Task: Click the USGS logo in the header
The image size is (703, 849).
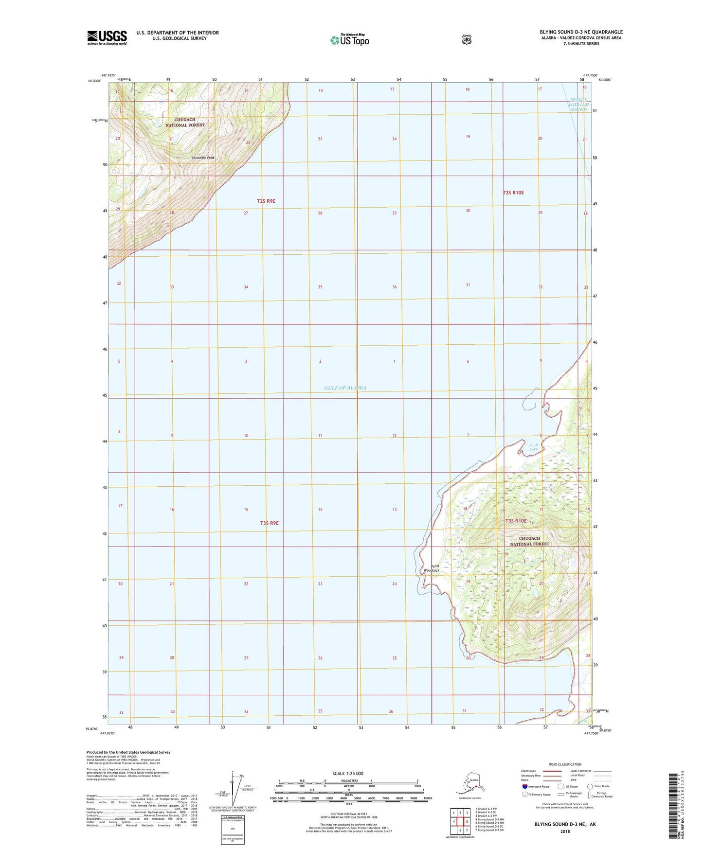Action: [107, 37]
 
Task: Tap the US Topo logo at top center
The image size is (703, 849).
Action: [349, 39]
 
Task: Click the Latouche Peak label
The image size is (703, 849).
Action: [203, 158]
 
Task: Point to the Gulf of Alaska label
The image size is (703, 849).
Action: [345, 388]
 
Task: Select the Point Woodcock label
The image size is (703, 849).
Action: [431, 568]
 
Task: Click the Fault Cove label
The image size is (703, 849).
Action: [534, 447]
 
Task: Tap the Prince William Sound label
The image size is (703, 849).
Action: [579, 105]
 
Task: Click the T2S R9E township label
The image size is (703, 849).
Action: [266, 201]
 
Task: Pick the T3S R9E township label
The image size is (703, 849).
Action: [269, 523]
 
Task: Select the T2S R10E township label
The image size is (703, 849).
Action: [513, 193]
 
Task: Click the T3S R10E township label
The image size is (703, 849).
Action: [516, 521]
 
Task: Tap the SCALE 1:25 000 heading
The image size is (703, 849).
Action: [347, 773]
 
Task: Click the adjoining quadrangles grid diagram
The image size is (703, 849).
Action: [460, 821]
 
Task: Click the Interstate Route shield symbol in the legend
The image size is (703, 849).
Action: [524, 786]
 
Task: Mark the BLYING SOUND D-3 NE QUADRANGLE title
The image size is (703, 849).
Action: [581, 32]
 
